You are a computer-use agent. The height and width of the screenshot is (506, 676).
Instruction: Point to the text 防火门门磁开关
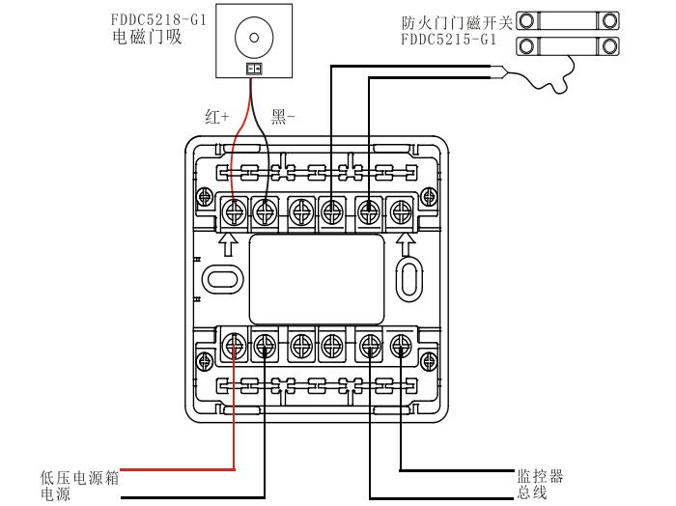tap(456, 20)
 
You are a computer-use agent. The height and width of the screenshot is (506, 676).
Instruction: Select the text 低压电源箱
tap(79, 477)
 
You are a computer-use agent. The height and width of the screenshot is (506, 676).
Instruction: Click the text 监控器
tap(540, 476)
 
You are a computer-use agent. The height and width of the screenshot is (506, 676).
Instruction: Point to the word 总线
tap(532, 492)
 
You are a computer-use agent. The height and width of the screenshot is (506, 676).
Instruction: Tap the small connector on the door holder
tap(253, 69)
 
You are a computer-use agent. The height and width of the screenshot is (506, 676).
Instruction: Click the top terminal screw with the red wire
tap(234, 209)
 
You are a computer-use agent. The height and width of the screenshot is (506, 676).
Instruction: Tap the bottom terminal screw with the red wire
tap(234, 341)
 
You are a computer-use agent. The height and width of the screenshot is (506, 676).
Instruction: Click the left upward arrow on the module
tap(229, 240)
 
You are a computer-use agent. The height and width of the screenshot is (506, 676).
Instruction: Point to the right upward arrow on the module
tap(406, 240)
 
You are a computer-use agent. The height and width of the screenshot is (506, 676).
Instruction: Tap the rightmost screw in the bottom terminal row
tap(401, 341)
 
